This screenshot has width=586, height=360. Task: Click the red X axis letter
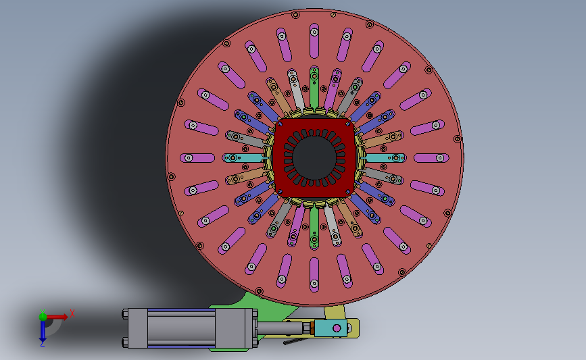[72, 313]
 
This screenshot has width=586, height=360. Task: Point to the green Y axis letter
[43, 312]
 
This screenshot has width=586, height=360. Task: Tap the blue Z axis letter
[43, 344]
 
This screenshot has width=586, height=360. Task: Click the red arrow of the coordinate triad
[56, 317]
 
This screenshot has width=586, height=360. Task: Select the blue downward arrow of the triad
[43, 330]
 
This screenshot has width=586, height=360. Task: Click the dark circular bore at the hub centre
[314, 157]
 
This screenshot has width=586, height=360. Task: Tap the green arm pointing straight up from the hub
[314, 88]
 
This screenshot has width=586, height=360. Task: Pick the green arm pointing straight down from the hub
[314, 228]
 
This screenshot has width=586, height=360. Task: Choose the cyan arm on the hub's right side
[385, 158]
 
